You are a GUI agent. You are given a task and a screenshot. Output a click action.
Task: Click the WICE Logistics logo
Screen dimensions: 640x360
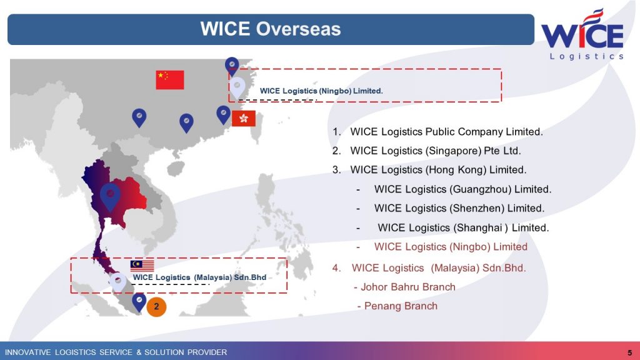click(x=582, y=34)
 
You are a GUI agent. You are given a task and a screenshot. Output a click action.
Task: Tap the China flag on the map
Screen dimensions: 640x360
click(x=170, y=79)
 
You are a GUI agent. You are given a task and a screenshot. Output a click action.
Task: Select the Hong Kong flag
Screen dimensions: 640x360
click(x=244, y=118)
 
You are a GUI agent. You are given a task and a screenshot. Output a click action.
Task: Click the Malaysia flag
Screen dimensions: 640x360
click(x=142, y=265)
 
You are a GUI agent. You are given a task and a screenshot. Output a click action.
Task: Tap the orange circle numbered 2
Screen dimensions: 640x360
click(x=156, y=306)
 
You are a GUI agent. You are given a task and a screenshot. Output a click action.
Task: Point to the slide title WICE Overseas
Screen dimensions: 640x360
click(x=270, y=29)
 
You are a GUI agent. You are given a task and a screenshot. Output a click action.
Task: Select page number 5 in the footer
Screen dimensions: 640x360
click(x=630, y=352)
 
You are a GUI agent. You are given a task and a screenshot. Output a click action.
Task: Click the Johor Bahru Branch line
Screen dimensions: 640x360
click(x=404, y=287)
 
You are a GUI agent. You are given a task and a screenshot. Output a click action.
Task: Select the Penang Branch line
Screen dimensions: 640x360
click(x=397, y=306)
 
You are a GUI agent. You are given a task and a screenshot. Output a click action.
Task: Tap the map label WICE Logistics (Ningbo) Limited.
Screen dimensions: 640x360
click(x=321, y=91)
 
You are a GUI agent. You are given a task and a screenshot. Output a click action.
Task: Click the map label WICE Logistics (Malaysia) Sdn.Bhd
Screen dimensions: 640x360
click(x=199, y=277)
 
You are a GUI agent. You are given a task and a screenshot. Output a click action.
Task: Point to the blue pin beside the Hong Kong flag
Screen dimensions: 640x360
click(x=223, y=115)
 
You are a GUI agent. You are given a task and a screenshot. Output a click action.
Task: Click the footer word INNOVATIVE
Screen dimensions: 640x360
click(x=27, y=352)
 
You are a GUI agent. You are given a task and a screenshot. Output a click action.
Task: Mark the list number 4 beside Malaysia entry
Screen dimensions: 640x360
click(x=336, y=268)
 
